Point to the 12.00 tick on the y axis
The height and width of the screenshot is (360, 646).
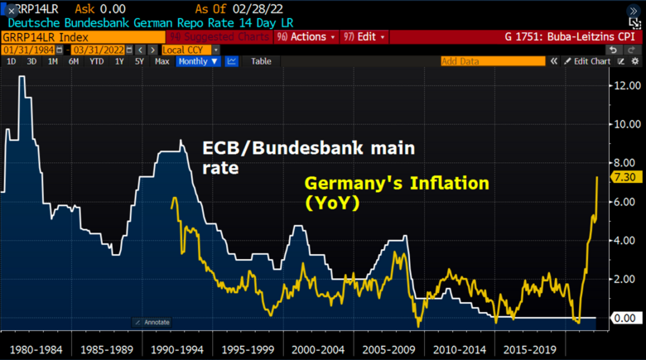pos(626,85)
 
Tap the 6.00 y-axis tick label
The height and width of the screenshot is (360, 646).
pos(626,202)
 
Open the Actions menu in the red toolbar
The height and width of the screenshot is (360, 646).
pos(306,37)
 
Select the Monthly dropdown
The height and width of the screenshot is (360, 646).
pos(197,61)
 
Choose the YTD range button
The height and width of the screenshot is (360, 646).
pos(96,61)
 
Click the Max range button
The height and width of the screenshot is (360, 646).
pos(161,61)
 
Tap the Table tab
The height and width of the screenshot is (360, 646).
pos(261,61)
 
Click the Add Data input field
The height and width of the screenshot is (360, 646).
pos(492,61)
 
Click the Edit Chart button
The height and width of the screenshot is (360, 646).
pos(591,61)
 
